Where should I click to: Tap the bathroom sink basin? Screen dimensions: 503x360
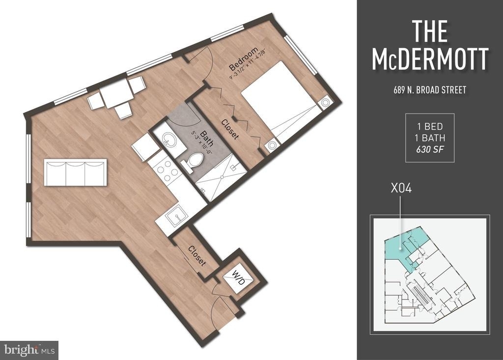[x=169, y=139]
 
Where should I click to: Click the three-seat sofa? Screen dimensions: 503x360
[x=75, y=172]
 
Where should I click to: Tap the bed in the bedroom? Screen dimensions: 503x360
[x=282, y=102]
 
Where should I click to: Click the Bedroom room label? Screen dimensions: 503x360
[x=244, y=59]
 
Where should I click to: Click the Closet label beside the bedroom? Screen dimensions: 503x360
[x=230, y=129]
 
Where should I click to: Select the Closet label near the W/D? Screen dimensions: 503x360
[x=196, y=256]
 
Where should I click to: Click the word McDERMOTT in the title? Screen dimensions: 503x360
[x=430, y=59]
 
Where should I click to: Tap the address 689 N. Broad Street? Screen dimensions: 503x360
[x=430, y=90]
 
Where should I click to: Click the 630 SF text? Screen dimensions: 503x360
[x=430, y=149]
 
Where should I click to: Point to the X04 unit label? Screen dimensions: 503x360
[x=401, y=188]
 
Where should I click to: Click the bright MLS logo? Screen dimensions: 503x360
[x=29, y=350]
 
